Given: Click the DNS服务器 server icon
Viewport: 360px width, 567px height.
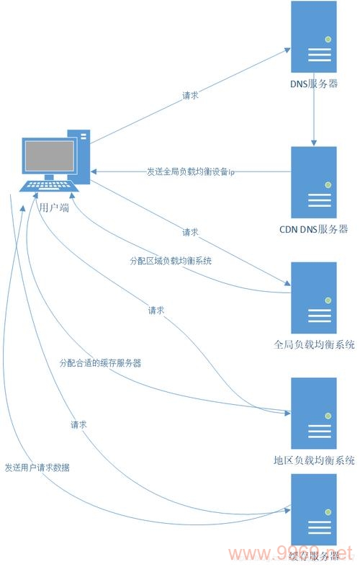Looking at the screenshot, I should point(314,37).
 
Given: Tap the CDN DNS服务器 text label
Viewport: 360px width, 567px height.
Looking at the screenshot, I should point(313,229).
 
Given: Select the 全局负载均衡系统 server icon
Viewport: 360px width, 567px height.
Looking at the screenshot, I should point(314,297).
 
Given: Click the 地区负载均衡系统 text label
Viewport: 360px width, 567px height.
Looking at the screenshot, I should point(315,460).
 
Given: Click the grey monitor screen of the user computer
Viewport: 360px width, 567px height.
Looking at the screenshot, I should point(50,156).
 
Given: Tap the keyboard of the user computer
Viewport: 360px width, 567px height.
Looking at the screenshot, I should point(49,187).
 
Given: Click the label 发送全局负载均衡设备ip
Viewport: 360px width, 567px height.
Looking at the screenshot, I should point(190,172).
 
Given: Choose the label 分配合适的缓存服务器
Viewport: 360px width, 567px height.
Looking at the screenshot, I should point(100,363).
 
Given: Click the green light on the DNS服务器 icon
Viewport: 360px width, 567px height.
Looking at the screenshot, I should point(328,39).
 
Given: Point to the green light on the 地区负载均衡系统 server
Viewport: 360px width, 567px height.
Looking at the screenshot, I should point(328,416).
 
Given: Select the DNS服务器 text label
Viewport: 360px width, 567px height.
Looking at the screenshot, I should point(313,85).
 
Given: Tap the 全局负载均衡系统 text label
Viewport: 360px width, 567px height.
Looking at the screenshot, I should point(315,345).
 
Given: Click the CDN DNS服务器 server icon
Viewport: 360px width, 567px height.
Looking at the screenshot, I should point(314,181).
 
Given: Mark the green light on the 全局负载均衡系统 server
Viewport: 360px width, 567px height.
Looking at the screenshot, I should point(328,300).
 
